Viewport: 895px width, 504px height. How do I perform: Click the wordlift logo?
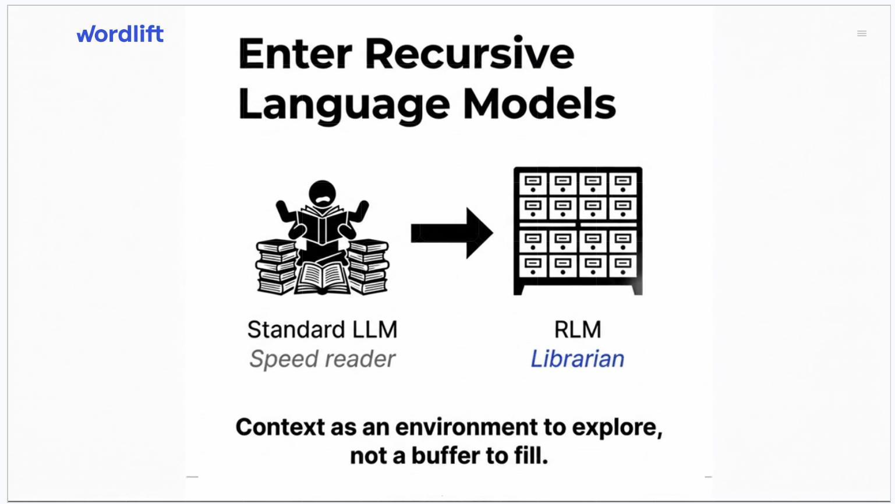(x=120, y=34)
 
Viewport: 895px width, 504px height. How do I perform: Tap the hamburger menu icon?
(x=862, y=34)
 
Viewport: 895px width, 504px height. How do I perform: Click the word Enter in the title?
(x=295, y=54)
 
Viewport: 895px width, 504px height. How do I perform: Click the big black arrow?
(x=452, y=233)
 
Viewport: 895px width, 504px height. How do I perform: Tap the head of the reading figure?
(x=322, y=193)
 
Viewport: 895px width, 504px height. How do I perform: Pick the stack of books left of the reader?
(x=276, y=268)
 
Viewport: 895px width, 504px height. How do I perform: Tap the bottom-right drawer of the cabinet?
(x=622, y=266)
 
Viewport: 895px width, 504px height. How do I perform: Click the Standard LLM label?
(x=322, y=329)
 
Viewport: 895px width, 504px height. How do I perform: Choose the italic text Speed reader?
(x=322, y=359)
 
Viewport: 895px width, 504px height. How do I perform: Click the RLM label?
(x=577, y=329)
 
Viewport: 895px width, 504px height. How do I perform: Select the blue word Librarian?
(x=577, y=359)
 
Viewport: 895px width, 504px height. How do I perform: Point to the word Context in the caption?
(x=280, y=427)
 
